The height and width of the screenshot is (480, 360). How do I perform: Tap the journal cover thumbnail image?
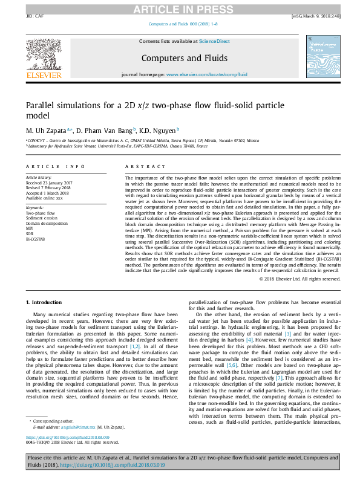coord(319,56)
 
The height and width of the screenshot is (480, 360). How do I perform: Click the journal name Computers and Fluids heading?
coord(184,58)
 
